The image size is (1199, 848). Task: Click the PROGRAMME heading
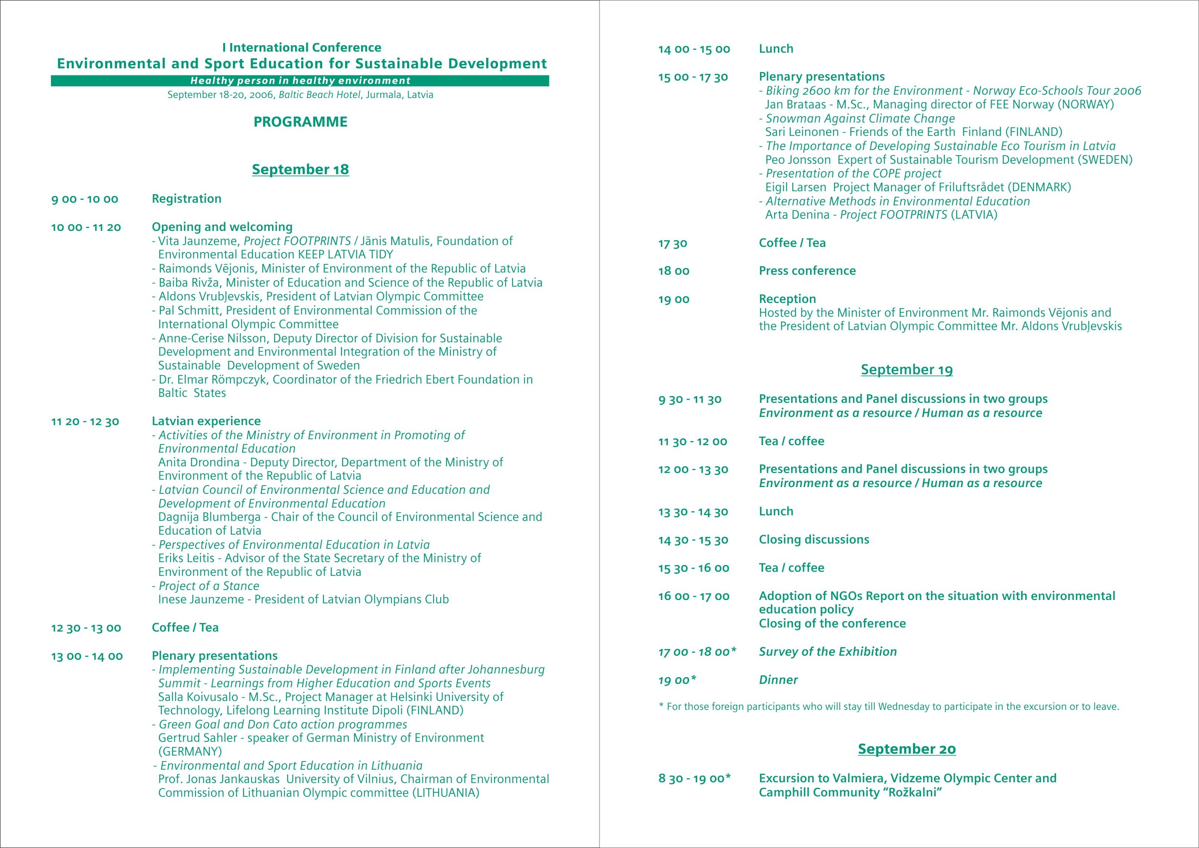pos(300,122)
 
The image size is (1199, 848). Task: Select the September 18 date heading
pos(300,169)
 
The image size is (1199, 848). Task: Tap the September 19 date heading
pos(906,370)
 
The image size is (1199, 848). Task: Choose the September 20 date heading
pos(906,749)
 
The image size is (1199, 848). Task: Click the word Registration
pos(186,199)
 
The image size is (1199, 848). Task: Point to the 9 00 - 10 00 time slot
pos(85,199)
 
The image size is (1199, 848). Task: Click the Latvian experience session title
pos(206,421)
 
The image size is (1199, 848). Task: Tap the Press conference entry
pos(807,271)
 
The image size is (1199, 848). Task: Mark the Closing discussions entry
pos(814,540)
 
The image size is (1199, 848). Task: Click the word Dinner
pos(779,680)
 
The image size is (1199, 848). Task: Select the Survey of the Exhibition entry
pos(828,652)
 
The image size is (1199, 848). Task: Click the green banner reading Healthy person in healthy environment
pos(300,81)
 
